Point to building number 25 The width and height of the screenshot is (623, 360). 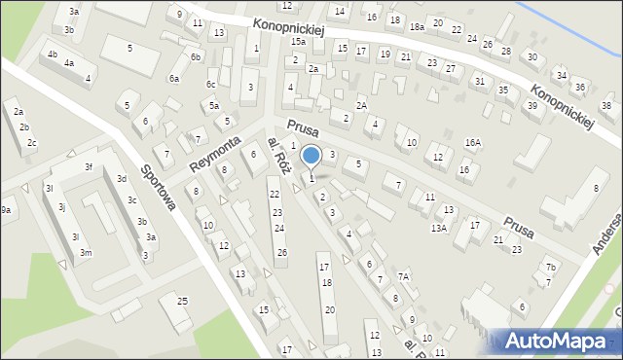click(x=182, y=302)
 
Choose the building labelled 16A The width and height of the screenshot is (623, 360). click(x=472, y=142)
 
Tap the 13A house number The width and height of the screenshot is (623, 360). click(x=439, y=228)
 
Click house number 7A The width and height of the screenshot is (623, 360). click(x=402, y=277)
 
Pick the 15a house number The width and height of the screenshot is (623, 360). click(x=298, y=42)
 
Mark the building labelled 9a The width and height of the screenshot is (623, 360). click(x=5, y=210)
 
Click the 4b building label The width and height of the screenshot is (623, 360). click(x=52, y=54)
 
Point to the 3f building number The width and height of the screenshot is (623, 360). click(x=88, y=166)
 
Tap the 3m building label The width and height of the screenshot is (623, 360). click(x=86, y=253)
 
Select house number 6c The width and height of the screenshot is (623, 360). click(x=210, y=85)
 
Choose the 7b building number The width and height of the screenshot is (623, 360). click(x=550, y=268)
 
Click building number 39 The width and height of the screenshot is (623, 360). click(x=532, y=105)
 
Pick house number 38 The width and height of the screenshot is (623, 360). click(x=606, y=105)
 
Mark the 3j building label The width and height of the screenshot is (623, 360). click(x=61, y=207)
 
